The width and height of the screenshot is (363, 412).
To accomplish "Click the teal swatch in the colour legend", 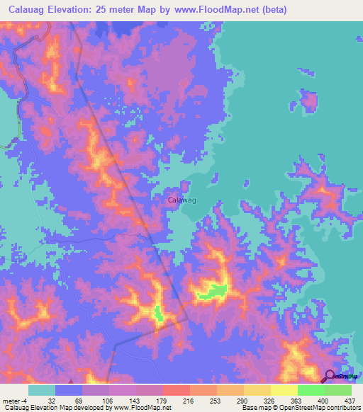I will tap(41, 390).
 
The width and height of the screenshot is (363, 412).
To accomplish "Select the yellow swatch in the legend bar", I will tap(284, 390).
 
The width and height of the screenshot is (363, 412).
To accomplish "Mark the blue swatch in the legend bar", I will tap(69, 390).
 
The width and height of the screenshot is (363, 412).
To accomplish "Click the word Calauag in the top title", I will tap(30, 11).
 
